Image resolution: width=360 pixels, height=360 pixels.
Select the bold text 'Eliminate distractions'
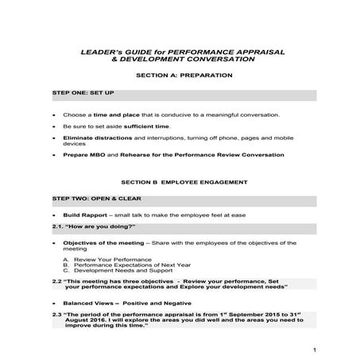pyautogui.click(x=93, y=137)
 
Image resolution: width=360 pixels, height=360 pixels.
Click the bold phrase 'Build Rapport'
pyautogui.click(x=85, y=215)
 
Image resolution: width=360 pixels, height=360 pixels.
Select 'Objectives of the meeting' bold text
pyautogui.click(x=103, y=242)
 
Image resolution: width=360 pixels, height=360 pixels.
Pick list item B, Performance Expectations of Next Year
pyautogui.click(x=127, y=265)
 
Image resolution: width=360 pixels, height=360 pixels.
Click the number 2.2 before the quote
pyautogui.click(x=56, y=281)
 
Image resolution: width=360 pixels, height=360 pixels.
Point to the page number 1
pyautogui.click(x=315, y=350)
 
